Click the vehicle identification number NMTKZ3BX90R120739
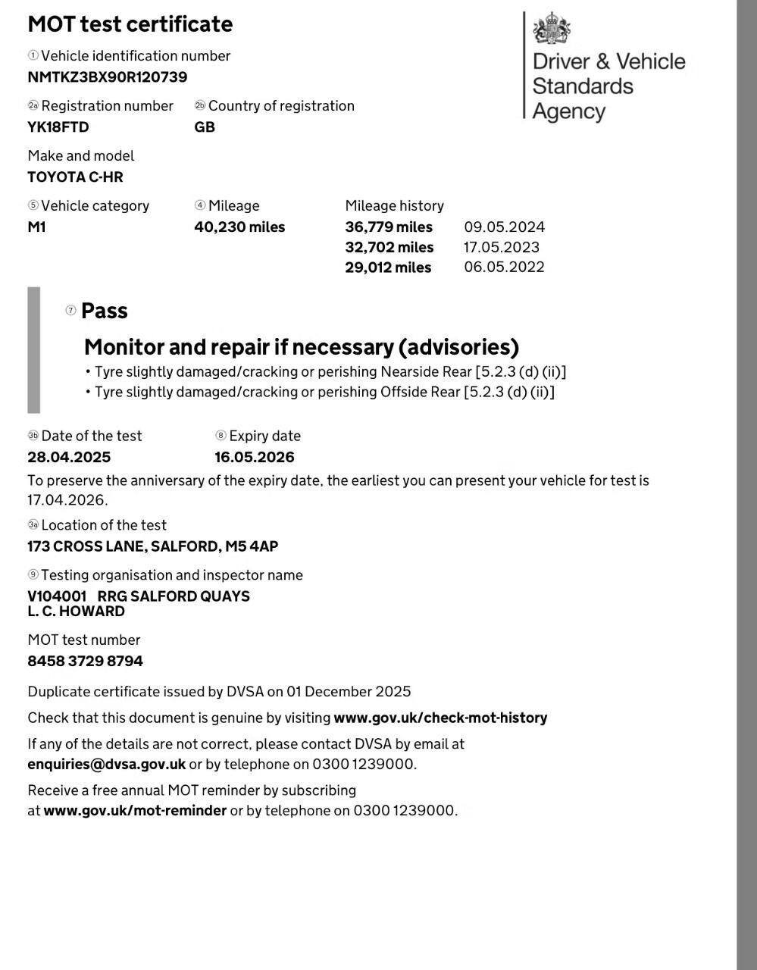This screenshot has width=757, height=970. [107, 77]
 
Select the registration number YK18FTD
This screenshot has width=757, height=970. [58, 127]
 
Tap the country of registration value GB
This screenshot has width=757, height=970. [205, 127]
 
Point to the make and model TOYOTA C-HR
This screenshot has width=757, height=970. [75, 177]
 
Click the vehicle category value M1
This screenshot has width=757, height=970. [36, 227]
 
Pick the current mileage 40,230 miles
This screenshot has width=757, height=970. [239, 227]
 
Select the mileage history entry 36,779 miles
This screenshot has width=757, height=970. [389, 227]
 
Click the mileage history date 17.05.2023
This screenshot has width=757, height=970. [502, 247]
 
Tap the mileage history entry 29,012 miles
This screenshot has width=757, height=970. [388, 268]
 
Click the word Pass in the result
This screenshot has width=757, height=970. [105, 311]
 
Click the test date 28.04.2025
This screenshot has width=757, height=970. [69, 458]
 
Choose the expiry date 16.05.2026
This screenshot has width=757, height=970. [255, 458]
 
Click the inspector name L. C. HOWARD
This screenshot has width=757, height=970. [76, 612]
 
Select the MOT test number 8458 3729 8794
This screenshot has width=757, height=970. [85, 662]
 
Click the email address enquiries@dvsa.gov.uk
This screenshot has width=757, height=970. [106, 765]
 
